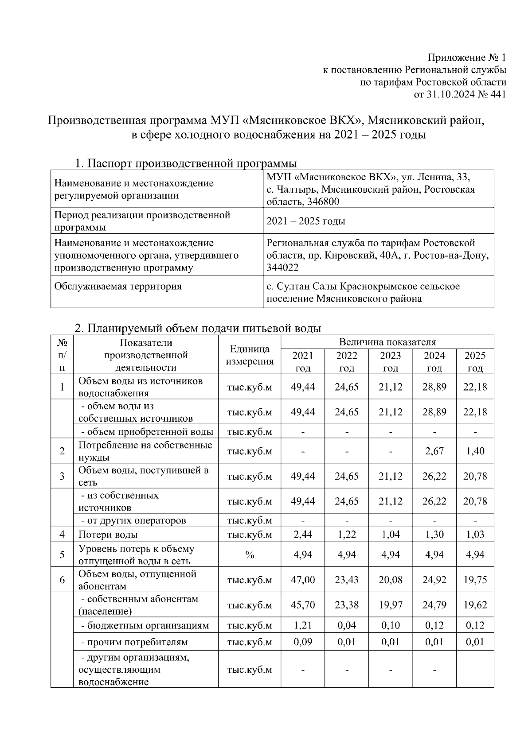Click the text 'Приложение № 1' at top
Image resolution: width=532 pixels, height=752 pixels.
point(466,58)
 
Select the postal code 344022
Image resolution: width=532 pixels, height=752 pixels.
point(282,267)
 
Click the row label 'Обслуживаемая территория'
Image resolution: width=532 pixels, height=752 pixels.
point(118,286)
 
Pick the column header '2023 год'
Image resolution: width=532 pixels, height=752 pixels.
point(390,361)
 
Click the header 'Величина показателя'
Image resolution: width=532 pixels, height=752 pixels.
point(387,342)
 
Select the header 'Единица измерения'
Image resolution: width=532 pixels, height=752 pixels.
point(250,355)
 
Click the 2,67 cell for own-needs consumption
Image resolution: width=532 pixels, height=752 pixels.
point(434,451)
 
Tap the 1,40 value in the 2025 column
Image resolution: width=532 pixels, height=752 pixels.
point(475,451)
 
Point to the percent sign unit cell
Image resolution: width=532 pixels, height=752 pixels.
point(250,555)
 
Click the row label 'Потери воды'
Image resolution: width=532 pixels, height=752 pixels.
point(108,535)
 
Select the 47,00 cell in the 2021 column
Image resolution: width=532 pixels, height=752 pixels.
point(303,580)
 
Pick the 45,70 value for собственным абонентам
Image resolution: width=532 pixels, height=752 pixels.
point(303,605)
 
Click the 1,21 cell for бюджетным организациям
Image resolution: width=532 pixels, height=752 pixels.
point(303,625)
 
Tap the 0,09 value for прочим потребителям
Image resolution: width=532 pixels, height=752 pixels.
point(303,642)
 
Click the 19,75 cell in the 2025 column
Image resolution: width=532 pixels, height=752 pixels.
point(475,580)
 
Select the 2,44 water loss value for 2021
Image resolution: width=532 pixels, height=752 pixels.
point(303,535)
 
